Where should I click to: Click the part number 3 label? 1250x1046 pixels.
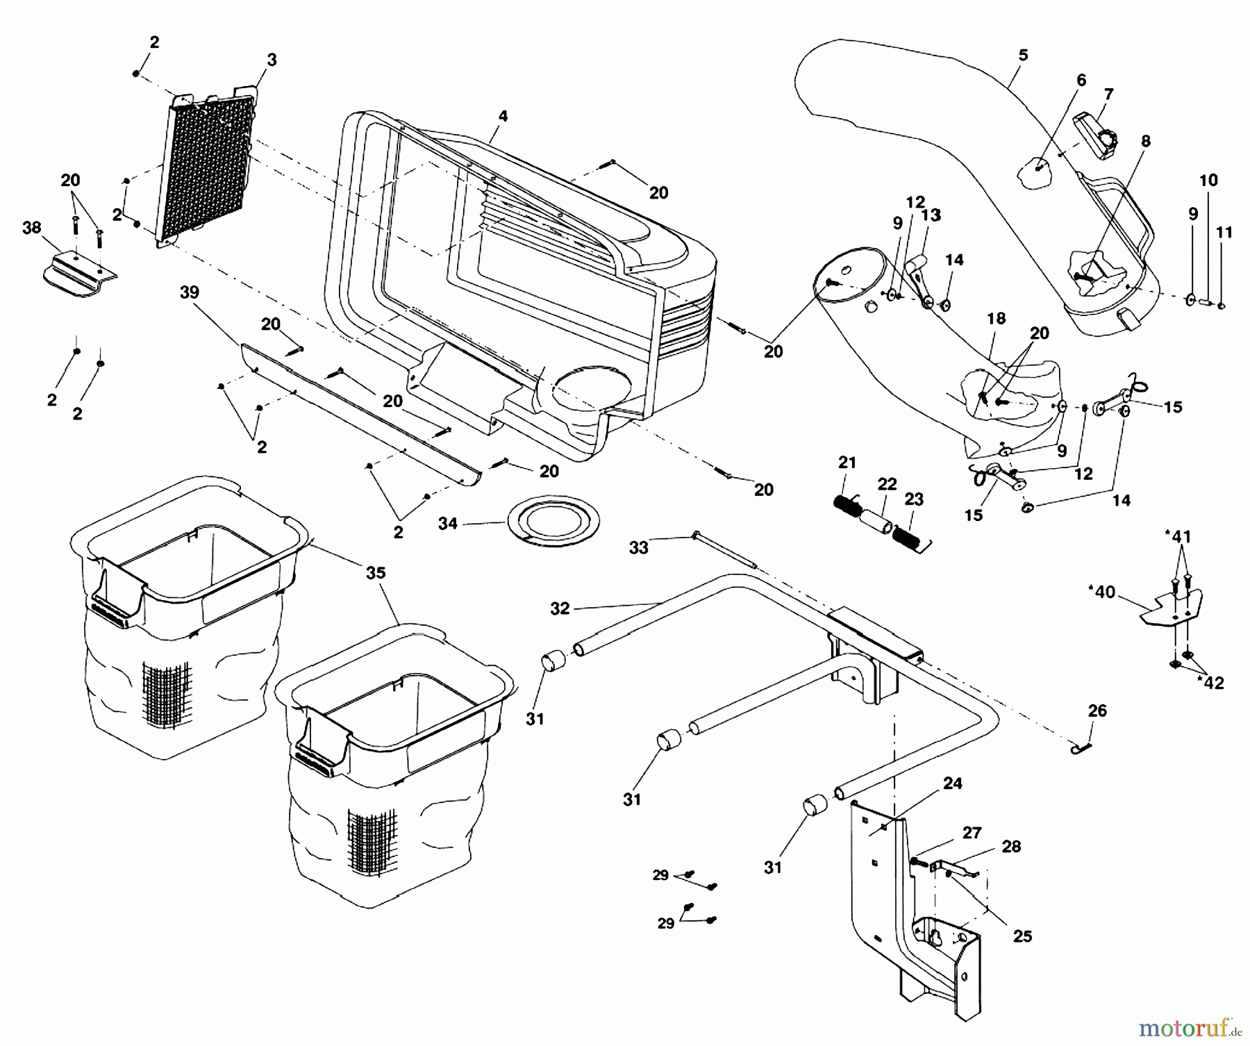click(x=272, y=61)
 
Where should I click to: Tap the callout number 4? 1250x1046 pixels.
click(x=503, y=117)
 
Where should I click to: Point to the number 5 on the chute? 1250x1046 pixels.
click(x=1023, y=56)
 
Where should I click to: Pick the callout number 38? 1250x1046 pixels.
click(x=32, y=228)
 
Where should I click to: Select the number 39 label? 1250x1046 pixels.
click(x=189, y=292)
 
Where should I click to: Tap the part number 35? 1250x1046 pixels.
click(x=376, y=574)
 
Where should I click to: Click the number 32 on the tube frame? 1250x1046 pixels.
click(x=560, y=609)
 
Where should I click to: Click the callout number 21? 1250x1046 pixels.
click(x=847, y=463)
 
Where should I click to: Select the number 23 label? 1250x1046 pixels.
click(x=914, y=499)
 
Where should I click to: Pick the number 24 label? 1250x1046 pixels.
click(x=953, y=784)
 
